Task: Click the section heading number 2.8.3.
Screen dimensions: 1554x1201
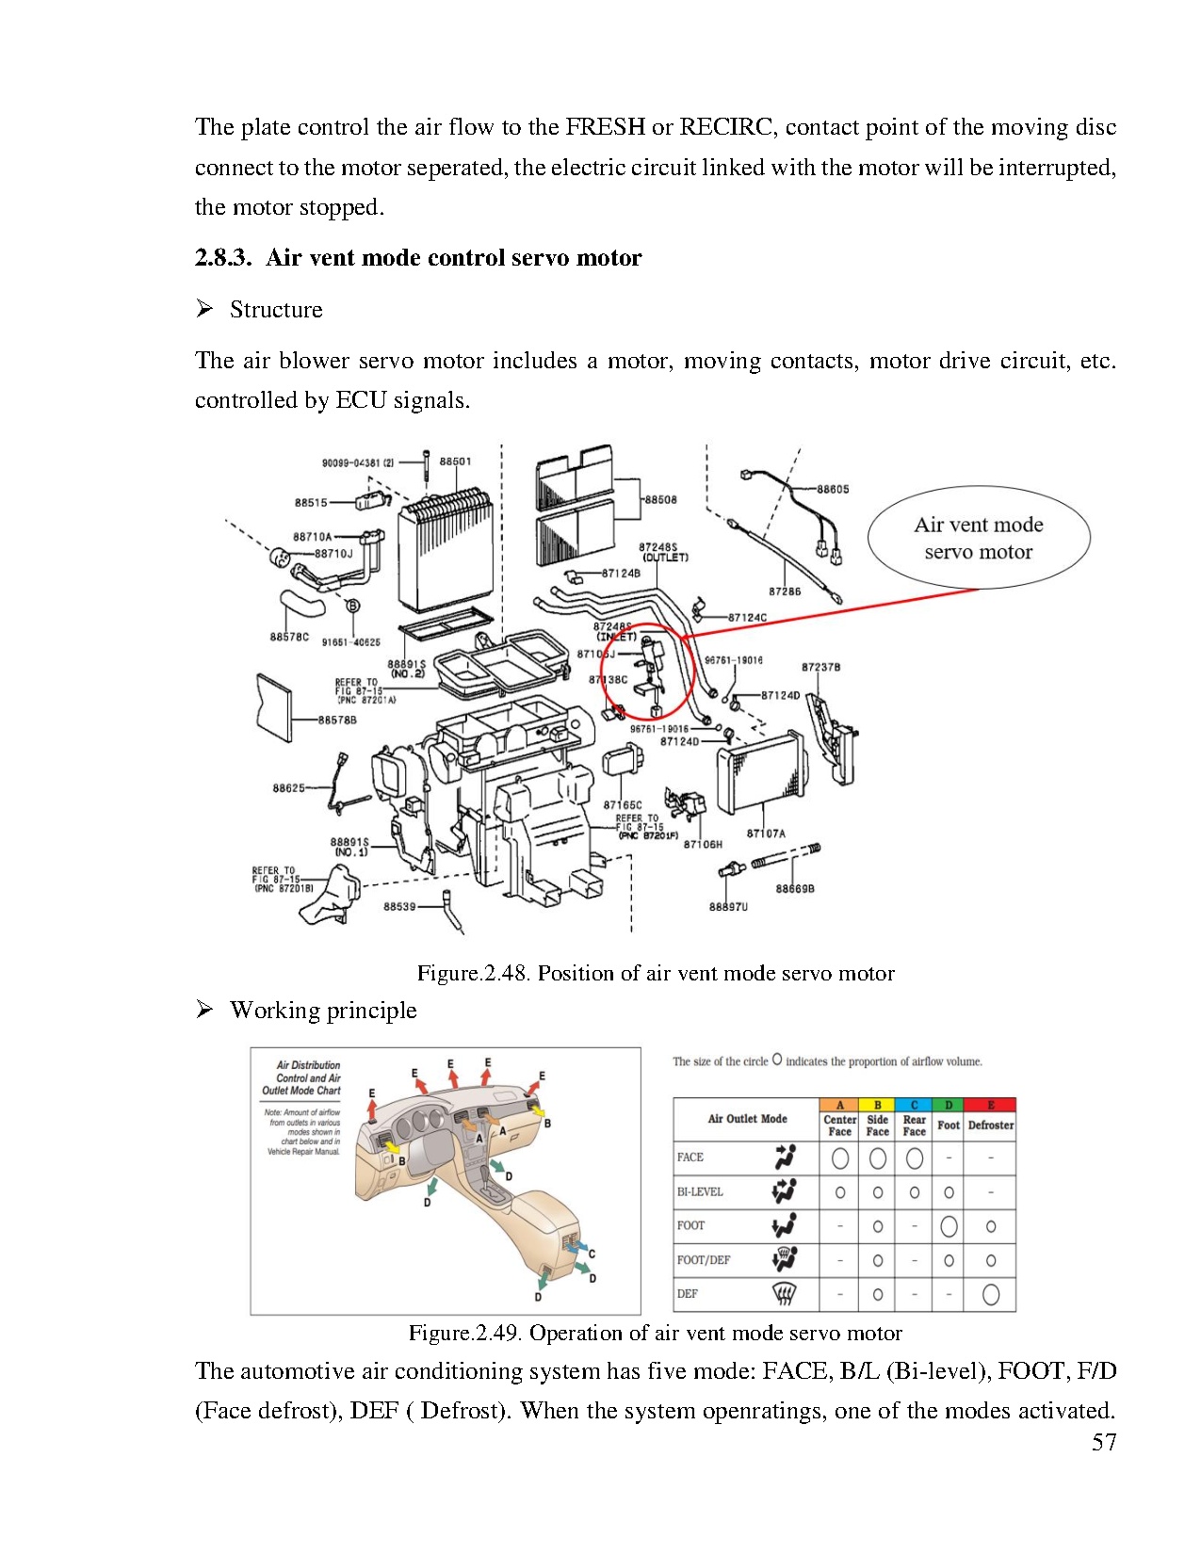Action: click(x=222, y=258)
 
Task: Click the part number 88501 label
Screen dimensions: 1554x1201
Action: click(x=455, y=461)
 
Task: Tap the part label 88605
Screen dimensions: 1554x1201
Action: click(x=833, y=489)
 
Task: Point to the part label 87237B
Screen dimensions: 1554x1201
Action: click(x=820, y=667)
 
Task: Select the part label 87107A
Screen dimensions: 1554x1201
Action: click(x=766, y=834)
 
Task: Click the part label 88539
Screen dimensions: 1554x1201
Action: click(x=399, y=906)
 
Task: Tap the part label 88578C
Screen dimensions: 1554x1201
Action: click(x=289, y=638)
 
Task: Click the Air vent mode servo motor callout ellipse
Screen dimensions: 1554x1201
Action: click(x=979, y=538)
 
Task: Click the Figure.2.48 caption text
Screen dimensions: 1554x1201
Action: click(x=656, y=973)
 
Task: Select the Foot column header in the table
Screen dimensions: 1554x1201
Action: click(x=949, y=1125)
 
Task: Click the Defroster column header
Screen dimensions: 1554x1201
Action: click(x=991, y=1125)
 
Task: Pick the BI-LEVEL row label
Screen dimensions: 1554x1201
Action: click(x=700, y=1191)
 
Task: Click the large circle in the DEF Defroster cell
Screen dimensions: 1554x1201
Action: click(x=991, y=1294)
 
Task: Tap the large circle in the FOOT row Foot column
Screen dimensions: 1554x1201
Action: click(x=949, y=1225)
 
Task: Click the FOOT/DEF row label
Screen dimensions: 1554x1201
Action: click(x=703, y=1259)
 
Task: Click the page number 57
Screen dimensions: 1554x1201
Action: click(x=1104, y=1443)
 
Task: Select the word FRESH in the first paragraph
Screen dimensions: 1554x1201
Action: click(x=606, y=127)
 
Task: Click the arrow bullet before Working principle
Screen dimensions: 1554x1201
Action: click(x=204, y=1010)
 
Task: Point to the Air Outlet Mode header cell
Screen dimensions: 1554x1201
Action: click(x=747, y=1118)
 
